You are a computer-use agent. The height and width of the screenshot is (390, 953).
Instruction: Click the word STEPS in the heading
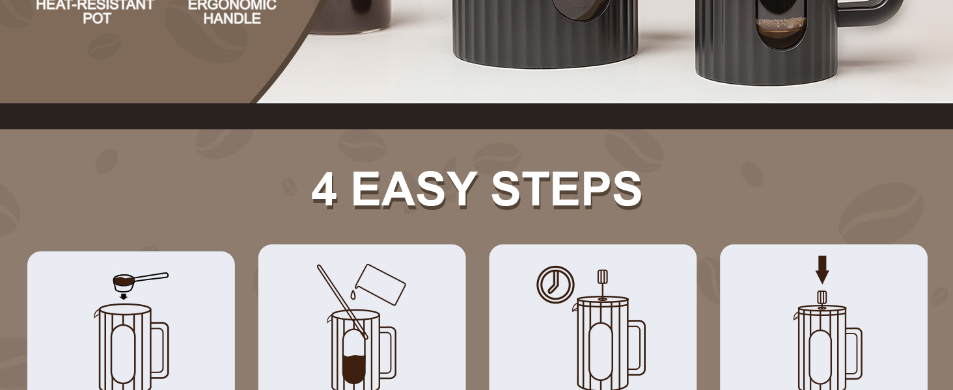point(566,190)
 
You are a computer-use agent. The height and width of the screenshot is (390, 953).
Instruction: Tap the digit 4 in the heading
point(325,190)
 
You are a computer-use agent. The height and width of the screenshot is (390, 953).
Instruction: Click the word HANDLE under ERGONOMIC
point(232,19)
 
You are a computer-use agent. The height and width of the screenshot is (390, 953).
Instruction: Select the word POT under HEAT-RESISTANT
point(97,19)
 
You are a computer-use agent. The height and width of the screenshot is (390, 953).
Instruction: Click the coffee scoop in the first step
point(141,281)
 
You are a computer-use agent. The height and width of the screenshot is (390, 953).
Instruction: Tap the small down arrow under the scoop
point(124,296)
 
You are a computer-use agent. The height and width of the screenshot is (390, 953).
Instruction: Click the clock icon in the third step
point(556,285)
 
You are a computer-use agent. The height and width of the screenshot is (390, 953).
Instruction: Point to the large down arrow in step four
point(822,270)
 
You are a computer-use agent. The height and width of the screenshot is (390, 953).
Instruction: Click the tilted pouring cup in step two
point(380,284)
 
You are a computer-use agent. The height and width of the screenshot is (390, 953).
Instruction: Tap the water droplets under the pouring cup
point(353,294)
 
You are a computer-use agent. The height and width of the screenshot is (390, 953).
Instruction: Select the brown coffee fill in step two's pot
point(354,369)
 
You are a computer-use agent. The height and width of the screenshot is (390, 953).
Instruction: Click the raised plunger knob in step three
point(602,277)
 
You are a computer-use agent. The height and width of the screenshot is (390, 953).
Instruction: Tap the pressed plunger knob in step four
point(822,298)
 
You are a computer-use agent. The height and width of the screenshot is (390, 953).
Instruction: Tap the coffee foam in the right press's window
point(780,23)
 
